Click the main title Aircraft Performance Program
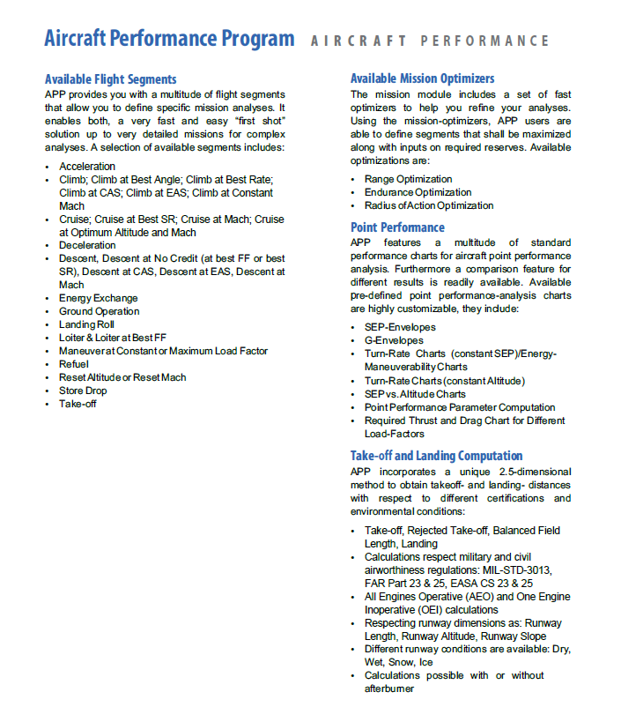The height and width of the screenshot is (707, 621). pos(169,39)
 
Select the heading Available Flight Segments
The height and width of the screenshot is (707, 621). pos(110,79)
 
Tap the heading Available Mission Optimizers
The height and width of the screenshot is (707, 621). pos(422,79)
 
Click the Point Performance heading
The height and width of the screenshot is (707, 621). pos(396,227)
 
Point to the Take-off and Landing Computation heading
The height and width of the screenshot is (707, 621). pos(436,456)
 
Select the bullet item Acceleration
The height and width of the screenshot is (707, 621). pos(87,167)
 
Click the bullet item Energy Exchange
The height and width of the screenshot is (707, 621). pos(99,298)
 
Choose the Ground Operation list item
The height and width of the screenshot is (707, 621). pos(99,311)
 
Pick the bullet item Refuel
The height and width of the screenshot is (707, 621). pos(74,364)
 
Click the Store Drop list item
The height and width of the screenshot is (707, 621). pos(83,391)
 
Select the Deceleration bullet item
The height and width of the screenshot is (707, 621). pos(87,245)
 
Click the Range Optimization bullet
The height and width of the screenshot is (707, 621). pos(408,179)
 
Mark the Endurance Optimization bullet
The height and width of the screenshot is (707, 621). pos(418,192)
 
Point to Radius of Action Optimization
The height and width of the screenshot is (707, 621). pos(429,205)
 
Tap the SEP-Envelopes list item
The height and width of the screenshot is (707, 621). pos(400,327)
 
